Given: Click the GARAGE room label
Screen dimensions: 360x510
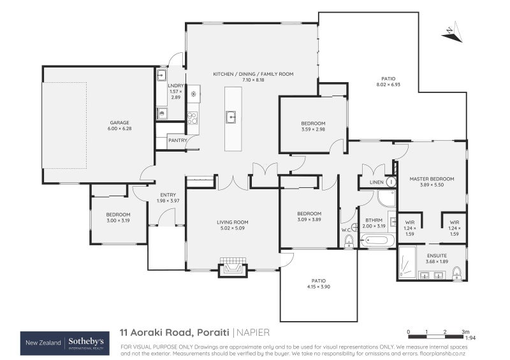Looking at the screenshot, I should tap(119, 122).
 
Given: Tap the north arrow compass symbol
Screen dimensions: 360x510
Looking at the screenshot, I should tap(451, 32).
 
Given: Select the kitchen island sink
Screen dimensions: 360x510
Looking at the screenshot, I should tap(231, 117).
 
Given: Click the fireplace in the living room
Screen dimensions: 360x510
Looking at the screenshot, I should tap(232, 268).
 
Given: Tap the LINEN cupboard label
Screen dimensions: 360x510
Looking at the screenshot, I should tap(375, 182).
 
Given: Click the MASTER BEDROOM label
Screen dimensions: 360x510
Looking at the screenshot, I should tap(432, 179).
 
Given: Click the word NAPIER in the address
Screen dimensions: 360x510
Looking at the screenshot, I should tap(253, 332).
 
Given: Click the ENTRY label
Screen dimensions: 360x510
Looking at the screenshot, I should tap(168, 195).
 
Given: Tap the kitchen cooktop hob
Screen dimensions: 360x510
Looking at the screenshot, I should tap(192, 119).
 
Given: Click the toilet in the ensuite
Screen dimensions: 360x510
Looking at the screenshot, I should tap(456, 273).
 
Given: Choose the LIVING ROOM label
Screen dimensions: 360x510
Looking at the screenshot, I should tap(232, 222).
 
